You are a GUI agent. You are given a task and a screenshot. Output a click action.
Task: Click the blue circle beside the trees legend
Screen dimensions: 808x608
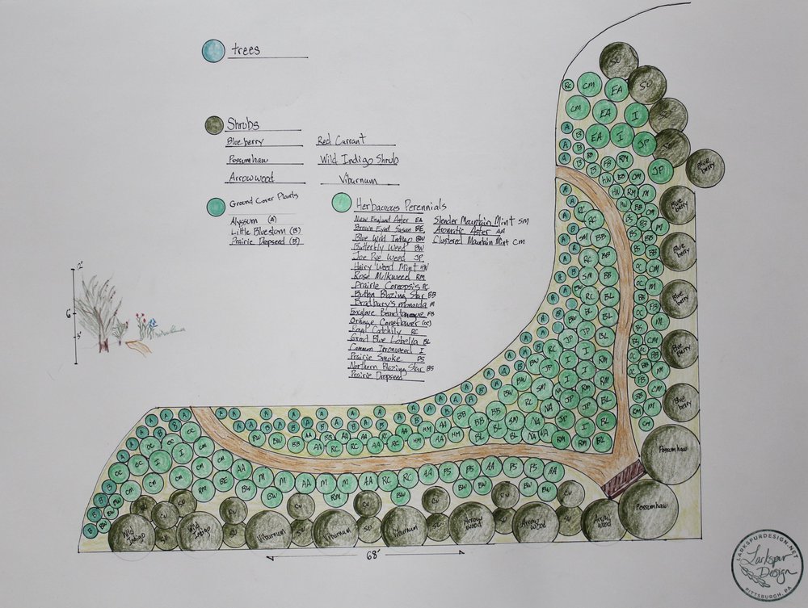pyautogui.click(x=213, y=52)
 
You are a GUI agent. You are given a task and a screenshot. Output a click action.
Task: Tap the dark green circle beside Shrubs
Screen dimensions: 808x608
pyautogui.click(x=213, y=124)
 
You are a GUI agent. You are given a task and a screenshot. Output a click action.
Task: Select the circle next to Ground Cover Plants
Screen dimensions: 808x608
pyautogui.click(x=216, y=207)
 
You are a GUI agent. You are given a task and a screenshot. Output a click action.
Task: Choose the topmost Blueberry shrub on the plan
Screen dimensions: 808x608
pyautogui.click(x=678, y=205)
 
